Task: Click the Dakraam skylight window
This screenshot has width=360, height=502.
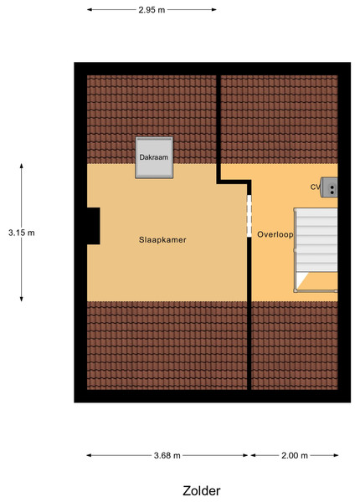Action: point(154,157)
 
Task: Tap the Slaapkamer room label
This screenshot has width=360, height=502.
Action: point(162,240)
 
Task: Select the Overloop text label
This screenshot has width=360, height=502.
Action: point(275,234)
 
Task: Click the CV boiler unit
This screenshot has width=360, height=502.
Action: point(329,187)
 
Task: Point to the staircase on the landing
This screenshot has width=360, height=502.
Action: point(316,250)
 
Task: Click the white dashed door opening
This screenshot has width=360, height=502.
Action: point(249,216)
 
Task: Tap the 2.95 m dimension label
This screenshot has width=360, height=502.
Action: point(152,10)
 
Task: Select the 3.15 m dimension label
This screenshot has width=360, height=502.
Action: point(22,233)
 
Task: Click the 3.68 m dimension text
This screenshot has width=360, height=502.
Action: point(167,455)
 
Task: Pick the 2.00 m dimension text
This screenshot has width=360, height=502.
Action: point(295,455)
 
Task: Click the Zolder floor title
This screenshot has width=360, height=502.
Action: point(202,491)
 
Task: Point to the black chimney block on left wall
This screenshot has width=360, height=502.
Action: point(94,226)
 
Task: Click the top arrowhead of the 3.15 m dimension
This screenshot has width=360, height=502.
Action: point(22,166)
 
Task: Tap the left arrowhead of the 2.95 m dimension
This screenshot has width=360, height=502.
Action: point(90,10)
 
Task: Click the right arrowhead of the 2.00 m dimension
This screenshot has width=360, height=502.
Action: point(336,455)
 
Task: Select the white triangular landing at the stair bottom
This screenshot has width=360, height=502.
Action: point(301,279)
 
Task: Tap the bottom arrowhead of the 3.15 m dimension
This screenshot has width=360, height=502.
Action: point(22,299)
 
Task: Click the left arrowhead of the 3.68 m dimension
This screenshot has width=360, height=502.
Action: point(90,455)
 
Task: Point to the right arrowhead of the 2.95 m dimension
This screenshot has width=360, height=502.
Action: point(214,10)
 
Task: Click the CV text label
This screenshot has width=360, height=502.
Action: point(315,187)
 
